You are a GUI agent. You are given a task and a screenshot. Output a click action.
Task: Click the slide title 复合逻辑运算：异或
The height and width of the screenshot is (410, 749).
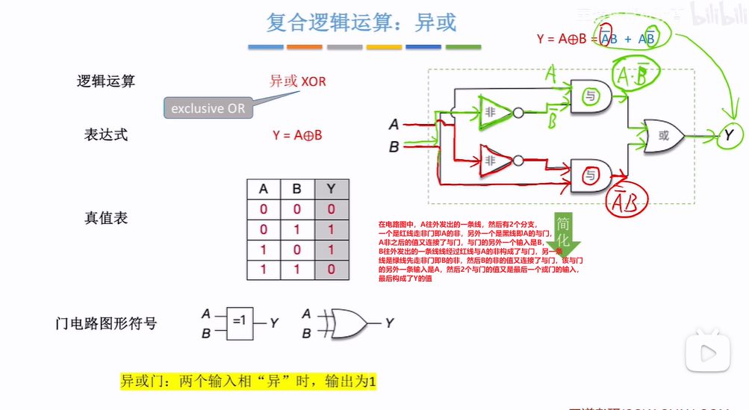pyautogui.click(x=361, y=23)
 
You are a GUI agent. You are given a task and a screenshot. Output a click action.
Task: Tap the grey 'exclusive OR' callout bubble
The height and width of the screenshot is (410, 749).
pyautogui.click(x=207, y=108)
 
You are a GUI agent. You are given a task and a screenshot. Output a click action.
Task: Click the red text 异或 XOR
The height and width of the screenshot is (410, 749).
pyautogui.click(x=297, y=81)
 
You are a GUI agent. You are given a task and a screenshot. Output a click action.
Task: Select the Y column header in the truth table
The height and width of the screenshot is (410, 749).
pyautogui.click(x=331, y=189)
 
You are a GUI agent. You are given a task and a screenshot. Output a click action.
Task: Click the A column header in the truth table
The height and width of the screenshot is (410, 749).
pyautogui.click(x=263, y=189)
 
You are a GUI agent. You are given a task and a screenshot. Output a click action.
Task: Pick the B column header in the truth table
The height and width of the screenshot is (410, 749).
pyautogui.click(x=297, y=189)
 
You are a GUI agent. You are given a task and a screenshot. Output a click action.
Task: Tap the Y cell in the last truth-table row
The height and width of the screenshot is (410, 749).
pyautogui.click(x=331, y=269)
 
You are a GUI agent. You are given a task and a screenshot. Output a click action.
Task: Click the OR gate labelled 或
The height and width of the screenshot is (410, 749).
pyautogui.click(x=662, y=136)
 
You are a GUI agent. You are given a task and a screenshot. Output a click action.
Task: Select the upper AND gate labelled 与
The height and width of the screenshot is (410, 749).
pyautogui.click(x=590, y=97)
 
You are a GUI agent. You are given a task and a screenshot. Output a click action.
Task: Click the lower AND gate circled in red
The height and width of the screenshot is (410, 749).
pyautogui.click(x=591, y=176)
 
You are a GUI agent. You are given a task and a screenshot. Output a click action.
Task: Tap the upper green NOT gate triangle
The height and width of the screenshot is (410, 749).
pyautogui.click(x=493, y=111)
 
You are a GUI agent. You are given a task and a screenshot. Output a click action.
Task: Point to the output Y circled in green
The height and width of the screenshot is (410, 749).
pyautogui.click(x=728, y=136)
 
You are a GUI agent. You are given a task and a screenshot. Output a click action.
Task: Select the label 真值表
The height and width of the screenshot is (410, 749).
pyautogui.click(x=106, y=218)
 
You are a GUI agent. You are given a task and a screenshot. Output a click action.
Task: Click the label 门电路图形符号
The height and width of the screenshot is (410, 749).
pyautogui.click(x=106, y=323)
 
